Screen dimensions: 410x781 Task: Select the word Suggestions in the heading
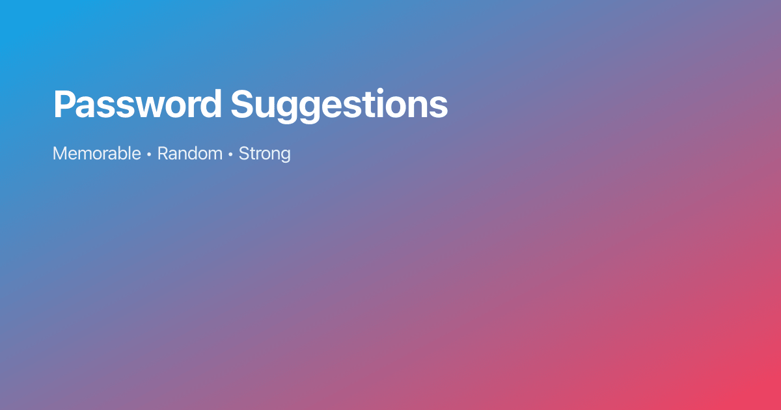point(339,104)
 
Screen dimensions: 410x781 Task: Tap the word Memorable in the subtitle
point(96,154)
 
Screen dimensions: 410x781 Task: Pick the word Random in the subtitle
point(189,154)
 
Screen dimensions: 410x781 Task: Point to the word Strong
point(264,154)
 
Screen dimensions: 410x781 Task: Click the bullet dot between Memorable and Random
point(149,155)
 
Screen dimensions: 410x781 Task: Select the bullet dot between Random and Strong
point(230,155)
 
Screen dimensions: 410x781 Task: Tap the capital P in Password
point(64,104)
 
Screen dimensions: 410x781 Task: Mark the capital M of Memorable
point(60,154)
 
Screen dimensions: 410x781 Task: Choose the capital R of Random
point(163,154)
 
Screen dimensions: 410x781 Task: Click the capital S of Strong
point(244,154)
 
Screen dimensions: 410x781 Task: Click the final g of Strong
point(284,156)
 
